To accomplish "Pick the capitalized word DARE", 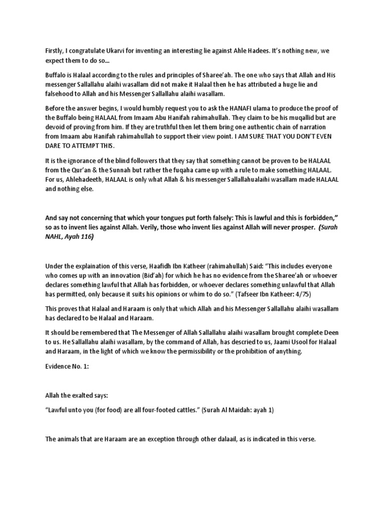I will coord(55,146).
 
